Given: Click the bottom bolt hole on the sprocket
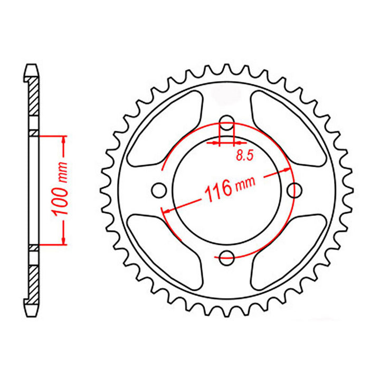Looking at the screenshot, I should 227,258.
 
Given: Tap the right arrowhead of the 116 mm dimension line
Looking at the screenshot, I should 287,170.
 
